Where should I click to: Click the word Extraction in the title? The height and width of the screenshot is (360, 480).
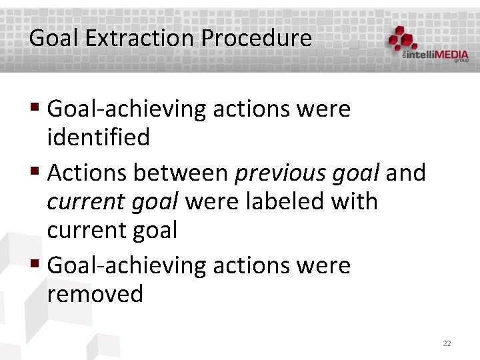click(x=139, y=38)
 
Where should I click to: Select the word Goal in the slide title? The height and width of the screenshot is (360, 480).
click(x=53, y=38)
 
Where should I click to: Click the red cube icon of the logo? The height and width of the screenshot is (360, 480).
click(x=404, y=39)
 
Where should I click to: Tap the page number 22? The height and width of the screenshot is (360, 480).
click(x=447, y=343)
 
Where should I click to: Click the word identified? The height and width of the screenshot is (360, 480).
click(x=98, y=137)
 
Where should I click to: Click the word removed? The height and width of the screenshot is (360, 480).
click(x=95, y=293)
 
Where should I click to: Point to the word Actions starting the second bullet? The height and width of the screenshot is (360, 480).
click(x=88, y=173)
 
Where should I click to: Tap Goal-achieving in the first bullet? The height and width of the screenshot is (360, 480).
click(x=127, y=109)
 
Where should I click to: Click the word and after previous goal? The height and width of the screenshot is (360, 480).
click(x=406, y=173)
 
